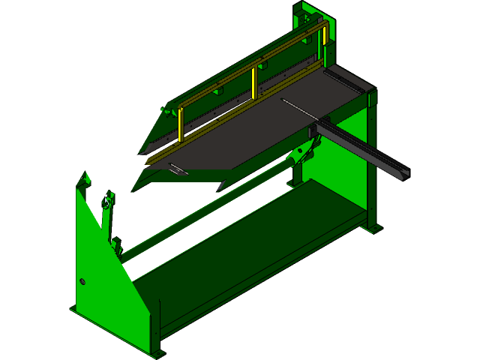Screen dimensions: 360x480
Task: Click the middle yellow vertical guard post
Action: [254, 84]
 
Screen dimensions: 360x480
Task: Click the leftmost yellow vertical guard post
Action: [181, 124]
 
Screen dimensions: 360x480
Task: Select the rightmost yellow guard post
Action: [325, 44]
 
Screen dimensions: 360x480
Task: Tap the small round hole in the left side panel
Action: [82, 281]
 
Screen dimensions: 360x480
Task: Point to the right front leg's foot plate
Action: [373, 228]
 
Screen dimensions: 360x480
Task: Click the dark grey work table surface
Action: [247, 135]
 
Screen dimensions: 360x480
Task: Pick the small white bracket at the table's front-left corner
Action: [178, 169]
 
